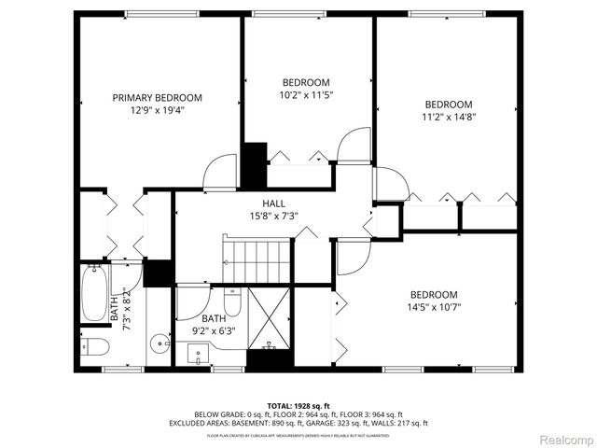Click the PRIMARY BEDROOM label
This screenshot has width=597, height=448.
(x=157, y=97)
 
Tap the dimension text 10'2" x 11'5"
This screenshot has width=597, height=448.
(x=306, y=94)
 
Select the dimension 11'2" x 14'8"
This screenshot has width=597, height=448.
(x=449, y=117)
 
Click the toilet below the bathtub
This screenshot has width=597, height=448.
(x=95, y=347)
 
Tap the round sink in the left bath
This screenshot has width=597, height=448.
(x=158, y=342)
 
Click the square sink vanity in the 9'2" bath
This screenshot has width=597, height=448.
(x=198, y=353)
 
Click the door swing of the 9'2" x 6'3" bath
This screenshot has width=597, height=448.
(x=193, y=301)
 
